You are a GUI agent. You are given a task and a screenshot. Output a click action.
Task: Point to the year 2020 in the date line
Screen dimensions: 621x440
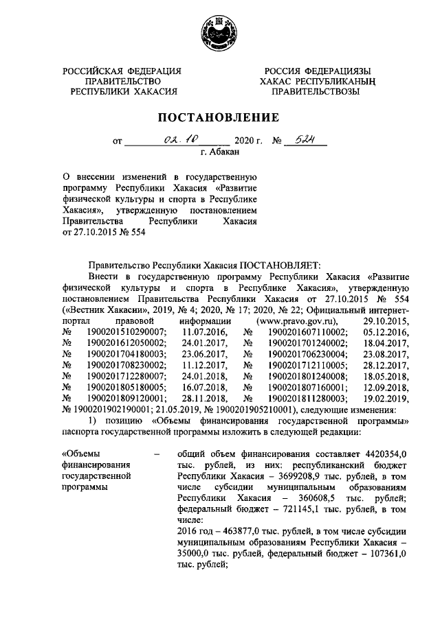[x=246, y=142]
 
